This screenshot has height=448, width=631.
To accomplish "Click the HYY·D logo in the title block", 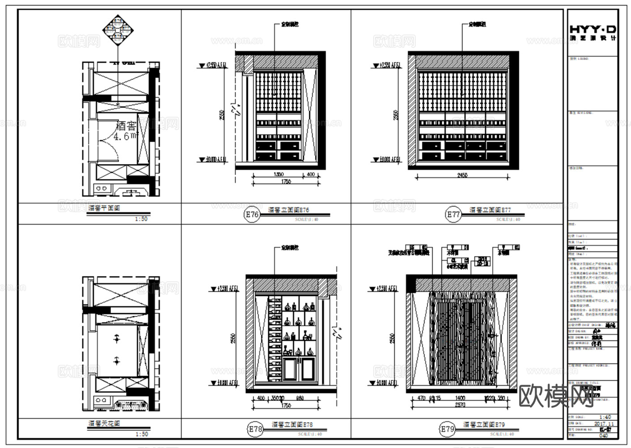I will [x=592, y=32].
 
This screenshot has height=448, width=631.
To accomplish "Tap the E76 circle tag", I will [x=252, y=215].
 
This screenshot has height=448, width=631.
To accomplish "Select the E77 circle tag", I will [x=453, y=215].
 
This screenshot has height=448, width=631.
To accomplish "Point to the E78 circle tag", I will [x=255, y=429].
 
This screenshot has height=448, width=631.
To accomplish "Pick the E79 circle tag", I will [x=447, y=429].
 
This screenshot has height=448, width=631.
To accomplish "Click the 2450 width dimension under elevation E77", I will [x=462, y=175].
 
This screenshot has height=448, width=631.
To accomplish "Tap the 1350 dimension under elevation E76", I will [x=278, y=174].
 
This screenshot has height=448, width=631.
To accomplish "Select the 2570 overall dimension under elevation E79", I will [x=460, y=405].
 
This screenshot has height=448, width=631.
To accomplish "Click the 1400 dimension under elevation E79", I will [x=460, y=398].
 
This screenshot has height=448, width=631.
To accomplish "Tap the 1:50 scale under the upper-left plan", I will [x=141, y=219].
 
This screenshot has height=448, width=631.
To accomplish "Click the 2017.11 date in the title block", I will [x=604, y=423].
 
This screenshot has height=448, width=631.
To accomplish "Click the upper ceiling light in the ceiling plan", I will [x=117, y=339].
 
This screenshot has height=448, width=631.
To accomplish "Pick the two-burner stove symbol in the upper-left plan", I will [x=102, y=189].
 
